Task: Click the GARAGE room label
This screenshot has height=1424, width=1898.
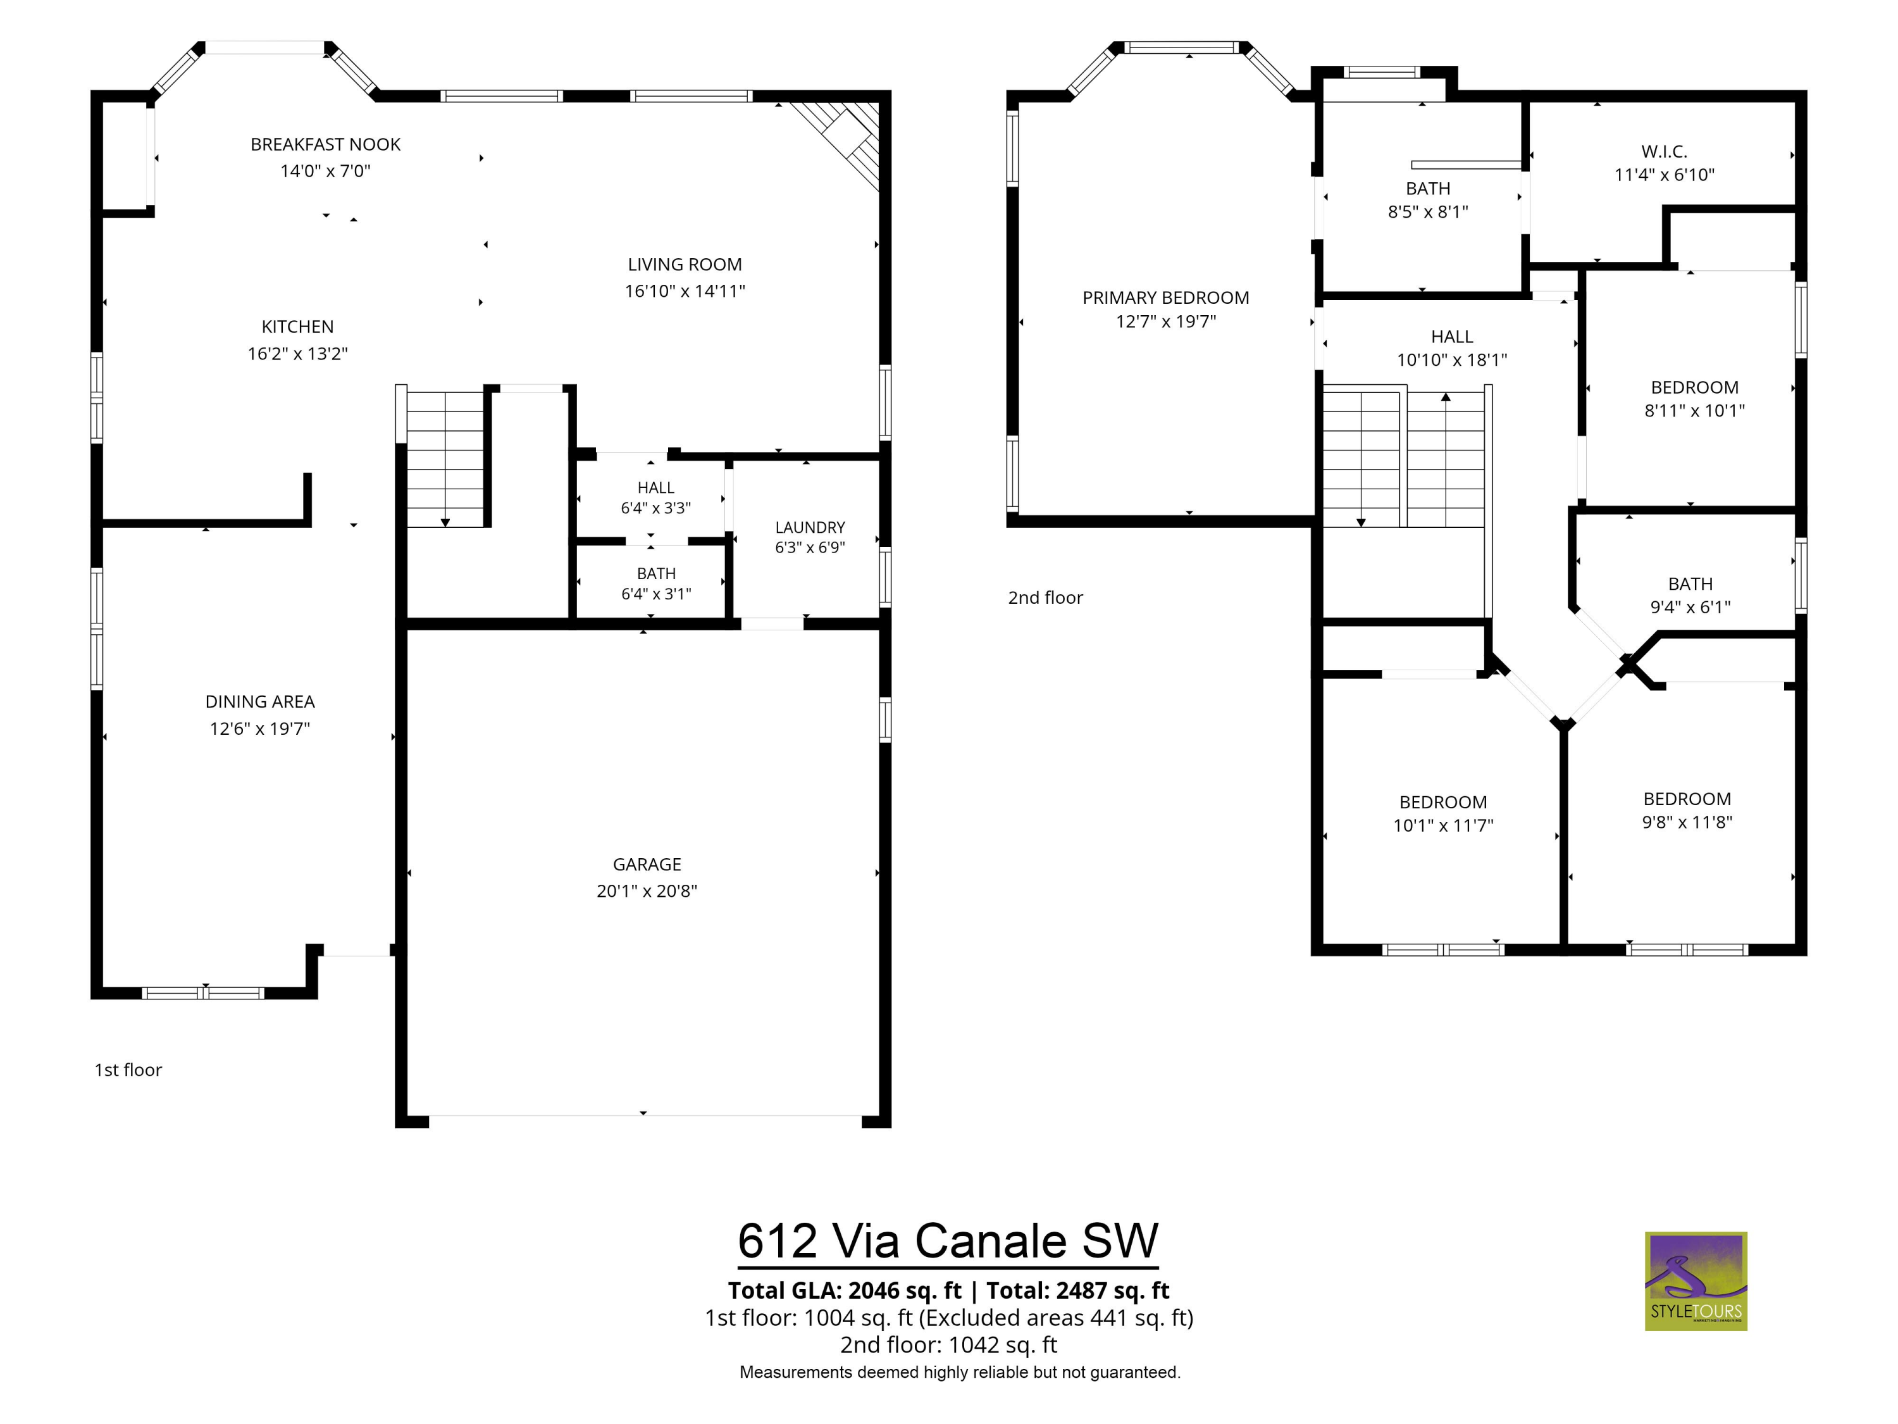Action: [x=647, y=865]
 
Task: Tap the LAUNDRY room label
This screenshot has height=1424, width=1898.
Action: [x=810, y=527]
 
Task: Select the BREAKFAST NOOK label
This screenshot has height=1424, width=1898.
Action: [x=325, y=144]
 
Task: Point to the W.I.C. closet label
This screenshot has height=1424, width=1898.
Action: [x=1665, y=151]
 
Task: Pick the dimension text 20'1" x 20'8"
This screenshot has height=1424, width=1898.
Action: [x=647, y=891]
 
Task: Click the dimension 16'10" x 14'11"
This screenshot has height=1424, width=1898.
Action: [x=685, y=291]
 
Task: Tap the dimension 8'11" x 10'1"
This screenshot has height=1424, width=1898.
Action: [x=1695, y=410]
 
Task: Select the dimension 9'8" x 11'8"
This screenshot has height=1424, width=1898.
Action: [x=1687, y=821]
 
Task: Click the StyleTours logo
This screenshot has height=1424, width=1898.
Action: [x=1696, y=1282]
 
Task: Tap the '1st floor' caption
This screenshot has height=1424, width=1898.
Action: [x=128, y=1070]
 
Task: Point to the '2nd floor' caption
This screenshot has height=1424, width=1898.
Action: [x=1045, y=597]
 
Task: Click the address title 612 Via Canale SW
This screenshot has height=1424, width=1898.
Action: [x=948, y=1240]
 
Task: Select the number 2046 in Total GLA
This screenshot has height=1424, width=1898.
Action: [x=875, y=1290]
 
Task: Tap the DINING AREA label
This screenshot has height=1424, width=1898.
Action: [x=260, y=701]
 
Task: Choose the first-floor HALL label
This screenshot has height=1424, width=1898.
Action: [x=655, y=487]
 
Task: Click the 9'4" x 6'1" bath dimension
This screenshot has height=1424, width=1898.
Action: [x=1690, y=607]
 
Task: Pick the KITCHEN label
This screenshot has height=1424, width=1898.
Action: [x=298, y=326]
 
